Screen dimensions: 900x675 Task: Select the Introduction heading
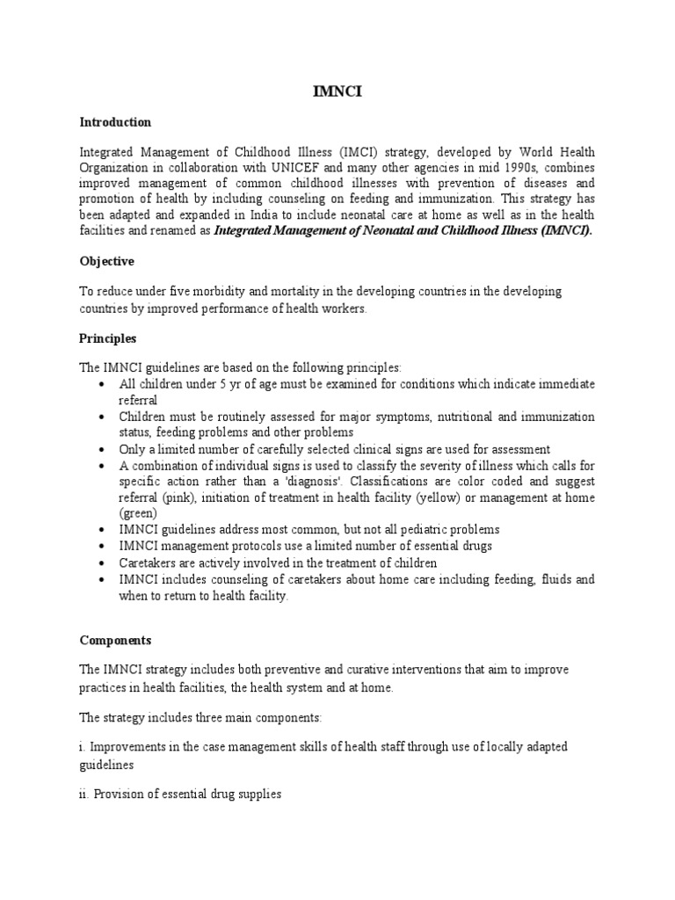pos(115,122)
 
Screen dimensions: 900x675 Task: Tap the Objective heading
pos(108,262)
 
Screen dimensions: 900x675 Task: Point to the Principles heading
pos(108,338)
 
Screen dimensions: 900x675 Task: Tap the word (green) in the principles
pos(138,512)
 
